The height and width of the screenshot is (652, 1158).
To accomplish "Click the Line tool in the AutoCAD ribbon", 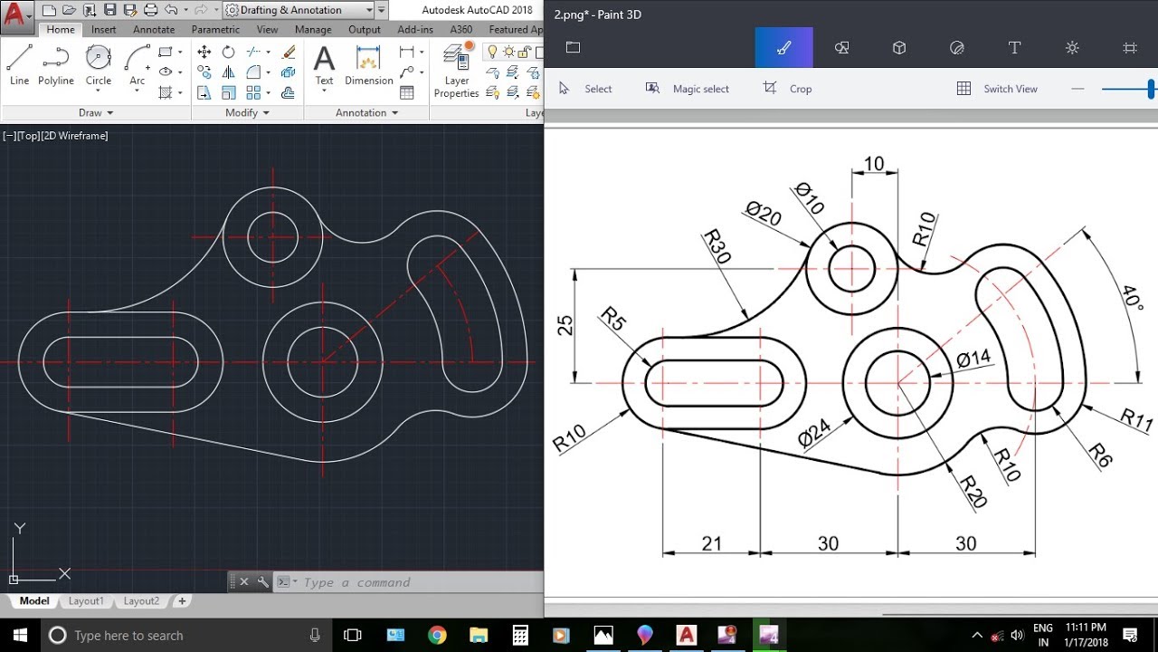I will [19, 64].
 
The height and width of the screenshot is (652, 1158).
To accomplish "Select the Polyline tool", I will [56, 64].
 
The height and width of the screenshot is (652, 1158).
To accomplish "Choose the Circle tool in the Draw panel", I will [99, 64].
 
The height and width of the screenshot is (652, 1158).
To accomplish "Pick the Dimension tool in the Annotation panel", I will [368, 64].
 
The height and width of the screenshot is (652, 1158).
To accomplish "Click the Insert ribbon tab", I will [103, 30].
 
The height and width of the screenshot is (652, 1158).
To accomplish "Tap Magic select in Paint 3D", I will [688, 89].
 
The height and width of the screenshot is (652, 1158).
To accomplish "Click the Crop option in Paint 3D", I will [788, 89].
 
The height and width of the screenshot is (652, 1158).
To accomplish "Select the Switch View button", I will [997, 89].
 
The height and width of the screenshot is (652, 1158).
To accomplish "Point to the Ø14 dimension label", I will [973, 360].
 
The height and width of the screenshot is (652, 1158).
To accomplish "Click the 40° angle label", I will [1131, 299].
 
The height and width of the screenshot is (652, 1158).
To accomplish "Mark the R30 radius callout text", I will [717, 246].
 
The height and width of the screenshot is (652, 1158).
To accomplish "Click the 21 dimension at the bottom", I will [712, 543].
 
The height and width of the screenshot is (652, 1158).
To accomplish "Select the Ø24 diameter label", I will [814, 432].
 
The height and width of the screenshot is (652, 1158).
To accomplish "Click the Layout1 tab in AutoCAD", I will [86, 601].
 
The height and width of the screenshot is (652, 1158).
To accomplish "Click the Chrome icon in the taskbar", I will [437, 635].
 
